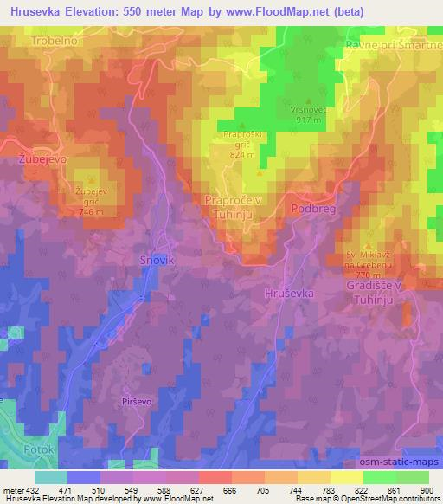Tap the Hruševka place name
(x=289, y=294)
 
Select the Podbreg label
(x=313, y=209)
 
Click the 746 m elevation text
(x=91, y=211)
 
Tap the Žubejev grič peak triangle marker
(x=91, y=179)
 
